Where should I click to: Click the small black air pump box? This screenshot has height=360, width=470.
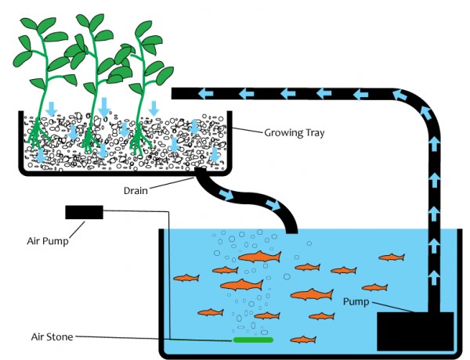(84, 211)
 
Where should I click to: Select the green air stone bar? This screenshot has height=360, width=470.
(252, 340)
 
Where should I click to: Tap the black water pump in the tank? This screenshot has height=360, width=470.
(415, 330)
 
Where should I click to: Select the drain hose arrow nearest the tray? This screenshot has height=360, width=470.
(226, 193)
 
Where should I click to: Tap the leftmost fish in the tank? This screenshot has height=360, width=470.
(186, 278)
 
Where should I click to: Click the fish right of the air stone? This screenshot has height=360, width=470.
(303, 340)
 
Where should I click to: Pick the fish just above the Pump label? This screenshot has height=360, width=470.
(374, 287)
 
